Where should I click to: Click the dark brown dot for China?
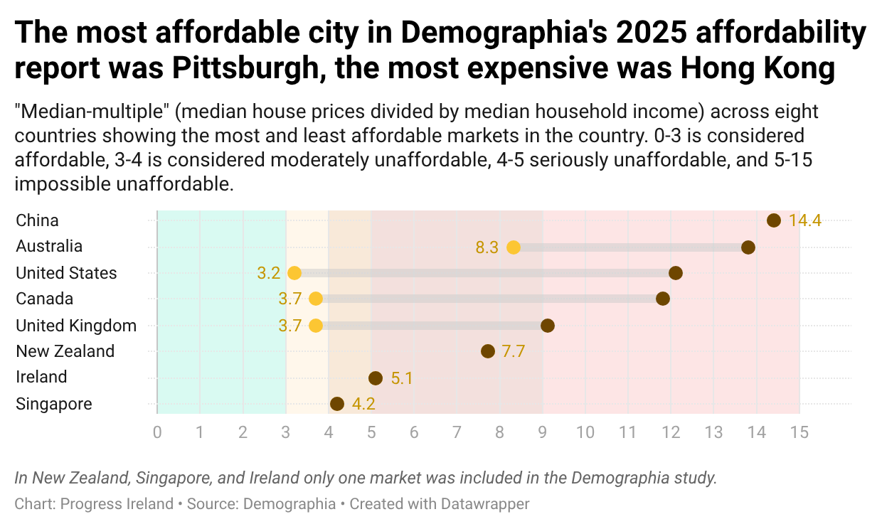pyautogui.click(x=774, y=220)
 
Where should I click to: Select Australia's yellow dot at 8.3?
pyautogui.click(x=513, y=247)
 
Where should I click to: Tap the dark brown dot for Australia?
pyautogui.click(x=748, y=247)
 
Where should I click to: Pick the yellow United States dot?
pyautogui.click(x=294, y=273)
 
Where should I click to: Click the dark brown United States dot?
pyautogui.click(x=676, y=273)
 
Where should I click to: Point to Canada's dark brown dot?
pyautogui.click(x=663, y=299)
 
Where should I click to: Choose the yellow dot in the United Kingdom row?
pyautogui.click(x=316, y=326)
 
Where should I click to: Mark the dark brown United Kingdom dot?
pyautogui.click(x=547, y=326)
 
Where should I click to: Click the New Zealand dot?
pyautogui.click(x=487, y=351)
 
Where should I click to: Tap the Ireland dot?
pyautogui.click(x=376, y=378)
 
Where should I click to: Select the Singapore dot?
pyautogui.click(x=337, y=404)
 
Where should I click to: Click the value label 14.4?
pyautogui.click(x=805, y=220)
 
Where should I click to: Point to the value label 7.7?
pyautogui.click(x=513, y=351)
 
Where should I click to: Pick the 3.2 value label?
pyautogui.click(x=269, y=273)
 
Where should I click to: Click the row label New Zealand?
pyautogui.click(x=65, y=351)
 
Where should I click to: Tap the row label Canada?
pyautogui.click(x=44, y=299)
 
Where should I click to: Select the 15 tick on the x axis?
pyautogui.click(x=799, y=432)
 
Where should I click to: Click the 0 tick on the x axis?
pyautogui.click(x=157, y=432)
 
